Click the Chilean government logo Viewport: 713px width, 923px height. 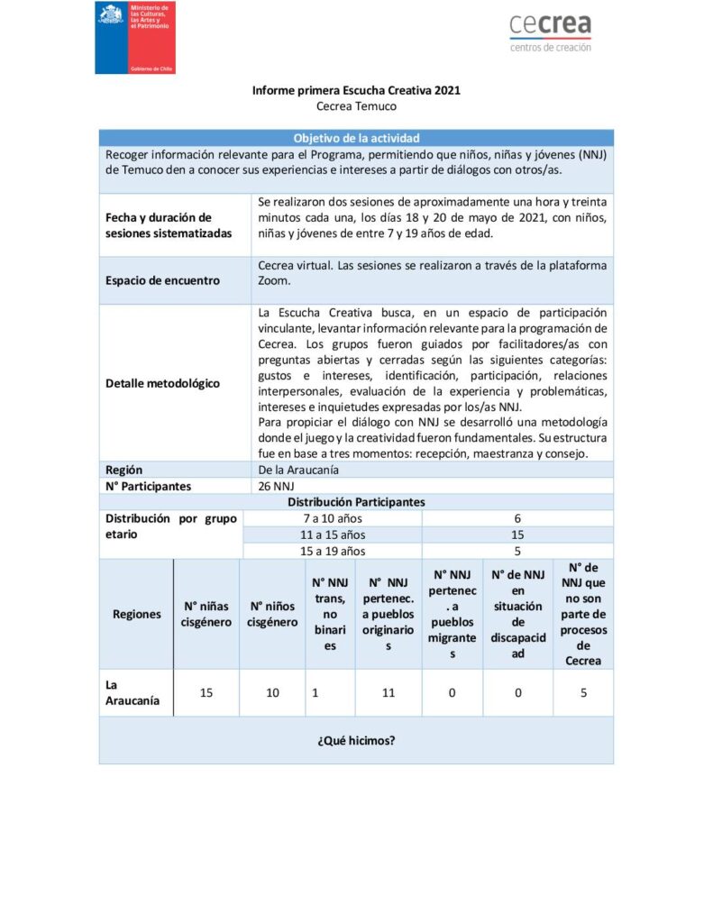point(135,38)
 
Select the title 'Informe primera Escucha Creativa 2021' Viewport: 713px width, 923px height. point(356,91)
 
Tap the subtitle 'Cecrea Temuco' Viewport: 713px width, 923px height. point(356,106)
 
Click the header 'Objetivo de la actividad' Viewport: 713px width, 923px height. point(356,138)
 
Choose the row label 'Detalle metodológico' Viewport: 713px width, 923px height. point(162,383)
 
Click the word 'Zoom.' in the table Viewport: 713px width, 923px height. point(275,280)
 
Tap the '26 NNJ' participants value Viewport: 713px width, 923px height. point(277,486)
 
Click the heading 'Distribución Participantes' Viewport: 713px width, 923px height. point(356,502)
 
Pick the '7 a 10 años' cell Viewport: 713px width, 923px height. point(333,518)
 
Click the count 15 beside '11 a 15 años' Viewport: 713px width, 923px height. point(517,535)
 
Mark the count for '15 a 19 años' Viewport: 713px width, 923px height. point(517,551)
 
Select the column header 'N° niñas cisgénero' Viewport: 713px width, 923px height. point(206,614)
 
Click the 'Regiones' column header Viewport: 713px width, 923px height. point(137,614)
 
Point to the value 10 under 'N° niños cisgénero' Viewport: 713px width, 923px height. point(272,692)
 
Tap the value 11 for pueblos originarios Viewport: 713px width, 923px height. point(388,692)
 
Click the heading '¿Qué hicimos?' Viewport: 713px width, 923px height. point(356,741)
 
